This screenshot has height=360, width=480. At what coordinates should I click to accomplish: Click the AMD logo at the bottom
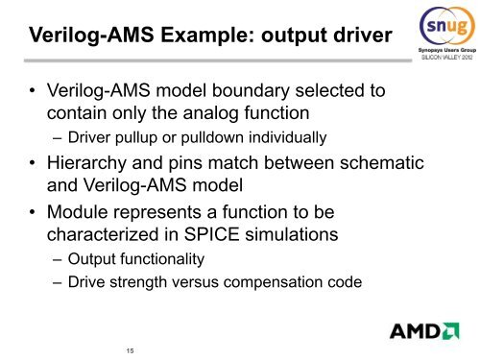tap(423, 332)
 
